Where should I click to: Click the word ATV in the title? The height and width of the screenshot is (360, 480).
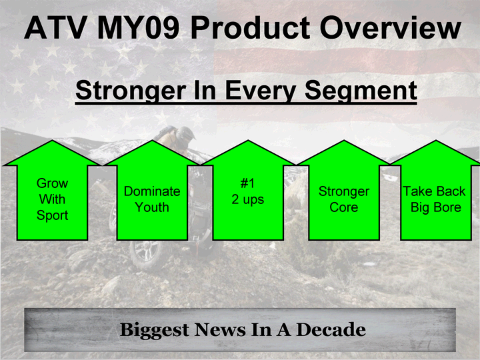click(55, 28)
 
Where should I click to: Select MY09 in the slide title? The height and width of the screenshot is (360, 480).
click(139, 28)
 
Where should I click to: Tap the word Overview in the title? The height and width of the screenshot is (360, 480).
click(390, 28)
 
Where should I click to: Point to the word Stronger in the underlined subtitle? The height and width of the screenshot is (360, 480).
click(131, 91)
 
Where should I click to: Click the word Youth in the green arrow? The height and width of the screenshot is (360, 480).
click(152, 207)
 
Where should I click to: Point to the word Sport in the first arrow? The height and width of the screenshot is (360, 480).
click(53, 215)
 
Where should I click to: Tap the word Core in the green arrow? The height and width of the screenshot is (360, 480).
click(344, 207)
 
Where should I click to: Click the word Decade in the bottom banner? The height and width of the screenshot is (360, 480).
click(331, 330)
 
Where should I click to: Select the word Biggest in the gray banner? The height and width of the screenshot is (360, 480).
click(155, 330)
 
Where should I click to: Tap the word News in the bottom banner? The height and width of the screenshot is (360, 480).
click(220, 330)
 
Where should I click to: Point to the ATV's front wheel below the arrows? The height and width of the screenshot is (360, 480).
click(146, 255)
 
